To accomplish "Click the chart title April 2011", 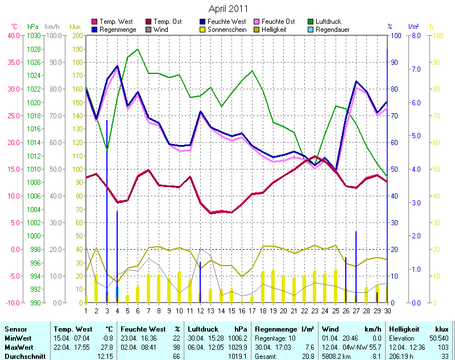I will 227,9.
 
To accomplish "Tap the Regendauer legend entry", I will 332,30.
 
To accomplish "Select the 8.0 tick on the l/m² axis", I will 415,36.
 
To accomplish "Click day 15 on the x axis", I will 231,311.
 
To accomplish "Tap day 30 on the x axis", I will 387,311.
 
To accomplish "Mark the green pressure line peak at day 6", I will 138,49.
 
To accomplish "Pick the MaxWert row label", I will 18,346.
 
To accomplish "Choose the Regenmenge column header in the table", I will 276,329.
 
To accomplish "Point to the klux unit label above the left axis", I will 75,26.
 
